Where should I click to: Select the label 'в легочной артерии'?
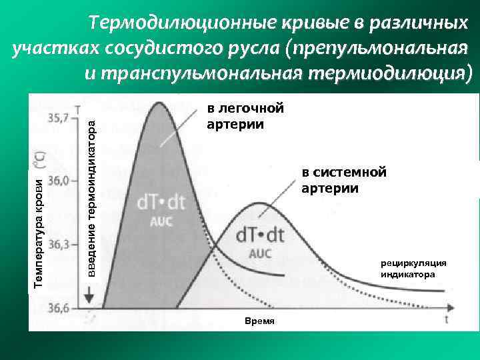point(235,116)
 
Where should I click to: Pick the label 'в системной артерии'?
point(343,181)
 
